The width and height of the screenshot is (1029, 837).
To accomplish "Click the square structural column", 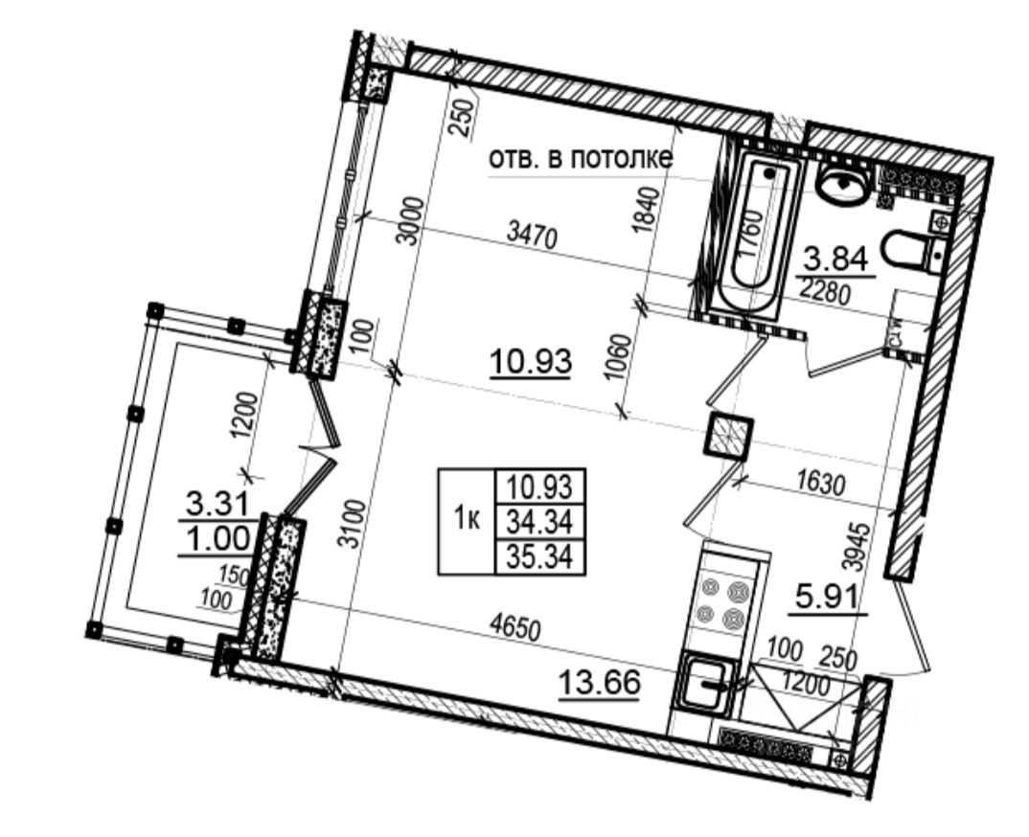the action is point(728,438).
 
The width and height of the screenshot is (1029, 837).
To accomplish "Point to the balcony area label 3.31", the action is point(217,501).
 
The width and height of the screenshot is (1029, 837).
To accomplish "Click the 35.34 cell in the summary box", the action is point(538,556).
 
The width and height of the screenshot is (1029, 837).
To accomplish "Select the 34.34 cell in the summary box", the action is point(538,523).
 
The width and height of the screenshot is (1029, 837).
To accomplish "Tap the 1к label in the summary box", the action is point(467,520).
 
